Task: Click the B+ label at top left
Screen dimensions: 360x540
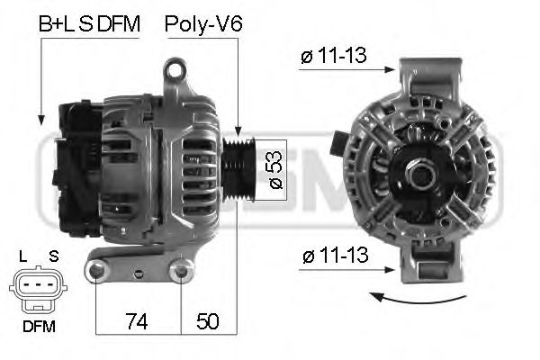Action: pos(51,25)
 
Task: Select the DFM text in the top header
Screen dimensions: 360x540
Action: pos(119,25)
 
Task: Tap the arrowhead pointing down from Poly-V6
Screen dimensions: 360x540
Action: pos(236,132)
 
